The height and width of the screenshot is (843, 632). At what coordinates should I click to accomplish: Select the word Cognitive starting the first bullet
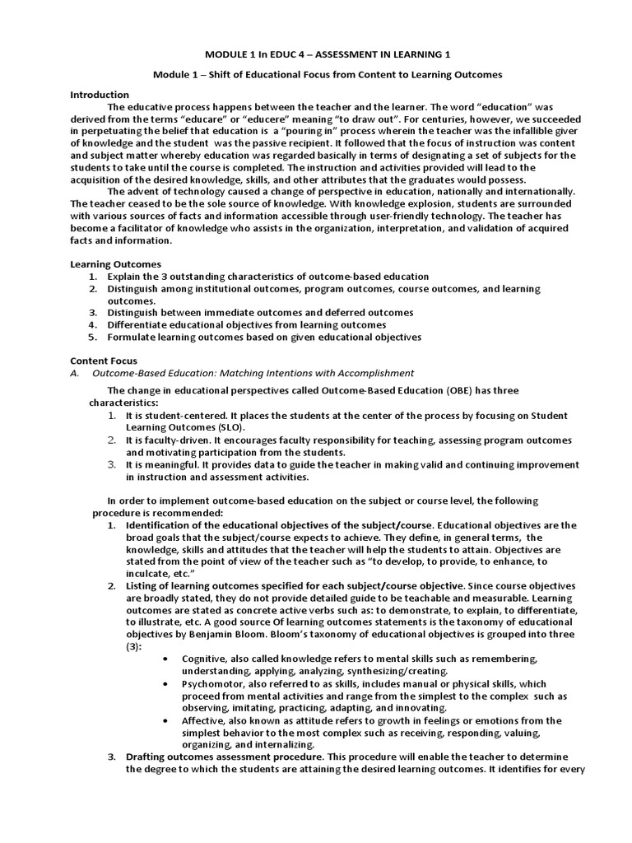pyautogui.click(x=207, y=659)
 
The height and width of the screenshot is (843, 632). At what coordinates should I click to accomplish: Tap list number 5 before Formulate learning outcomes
pyautogui.click(x=93, y=337)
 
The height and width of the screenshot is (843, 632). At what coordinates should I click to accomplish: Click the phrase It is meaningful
pyautogui.click(x=165, y=464)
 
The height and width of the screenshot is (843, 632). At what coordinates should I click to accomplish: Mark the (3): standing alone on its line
pyautogui.click(x=133, y=648)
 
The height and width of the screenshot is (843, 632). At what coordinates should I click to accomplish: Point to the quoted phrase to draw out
pyautogui.click(x=394, y=118)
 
